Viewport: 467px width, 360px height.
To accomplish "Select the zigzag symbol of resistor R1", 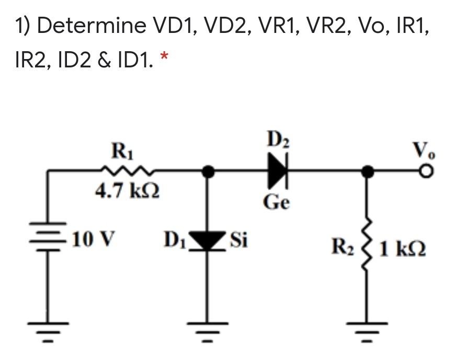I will tap(127, 170).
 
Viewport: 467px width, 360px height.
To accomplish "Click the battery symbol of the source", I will tap(50, 241).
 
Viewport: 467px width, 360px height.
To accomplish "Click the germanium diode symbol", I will tap(278, 171).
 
